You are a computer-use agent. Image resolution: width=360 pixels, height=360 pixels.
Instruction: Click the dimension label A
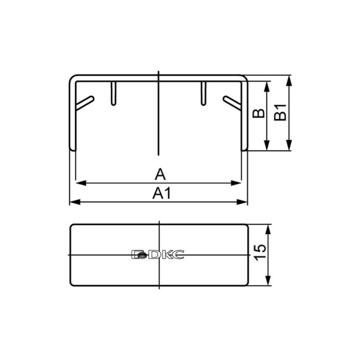[x=160, y=174]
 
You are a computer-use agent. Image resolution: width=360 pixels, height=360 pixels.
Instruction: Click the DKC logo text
[x=158, y=254]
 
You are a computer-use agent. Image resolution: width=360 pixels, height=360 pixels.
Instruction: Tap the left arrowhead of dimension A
[x=80, y=183]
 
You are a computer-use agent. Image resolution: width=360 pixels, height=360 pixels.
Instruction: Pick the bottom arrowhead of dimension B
[x=268, y=145]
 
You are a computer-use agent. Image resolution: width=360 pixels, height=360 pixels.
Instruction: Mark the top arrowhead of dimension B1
[x=290, y=80]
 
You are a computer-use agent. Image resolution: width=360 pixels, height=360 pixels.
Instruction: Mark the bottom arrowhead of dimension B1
[x=290, y=145]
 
